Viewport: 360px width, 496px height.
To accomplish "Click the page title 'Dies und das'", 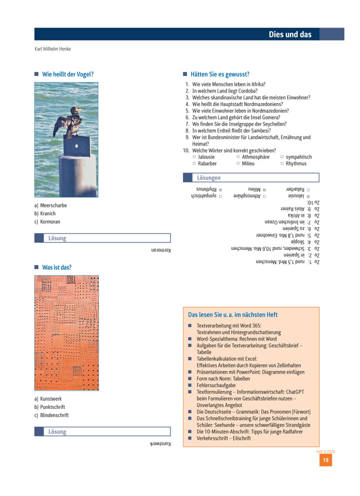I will [290, 34].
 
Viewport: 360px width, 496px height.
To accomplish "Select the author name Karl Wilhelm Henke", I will [52, 49].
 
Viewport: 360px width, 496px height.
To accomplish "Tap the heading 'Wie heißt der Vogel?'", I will [67, 74].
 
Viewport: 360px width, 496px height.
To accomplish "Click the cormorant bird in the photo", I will [70, 122].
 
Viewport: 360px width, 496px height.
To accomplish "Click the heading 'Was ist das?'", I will [56, 267].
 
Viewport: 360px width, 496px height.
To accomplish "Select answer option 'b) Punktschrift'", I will [49, 407].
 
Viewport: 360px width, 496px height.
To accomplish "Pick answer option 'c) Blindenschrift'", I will [51, 415].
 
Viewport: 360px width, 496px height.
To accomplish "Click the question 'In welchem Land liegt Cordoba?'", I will [224, 91].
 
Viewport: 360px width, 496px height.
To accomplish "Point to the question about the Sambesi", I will [231, 130].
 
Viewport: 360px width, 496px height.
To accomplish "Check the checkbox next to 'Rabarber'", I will [194, 163].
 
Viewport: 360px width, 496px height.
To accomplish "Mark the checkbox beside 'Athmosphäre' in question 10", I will [238, 157].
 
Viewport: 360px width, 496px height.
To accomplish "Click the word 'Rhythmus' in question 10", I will [296, 163].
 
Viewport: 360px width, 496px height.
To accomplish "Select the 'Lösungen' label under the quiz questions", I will [208, 178].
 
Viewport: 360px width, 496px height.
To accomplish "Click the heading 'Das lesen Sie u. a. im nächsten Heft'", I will [232, 315].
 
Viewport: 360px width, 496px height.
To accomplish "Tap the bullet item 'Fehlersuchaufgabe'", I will [216, 385].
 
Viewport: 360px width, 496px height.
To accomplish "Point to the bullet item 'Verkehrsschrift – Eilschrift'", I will [223, 438].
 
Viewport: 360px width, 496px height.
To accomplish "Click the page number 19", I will [325, 460].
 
